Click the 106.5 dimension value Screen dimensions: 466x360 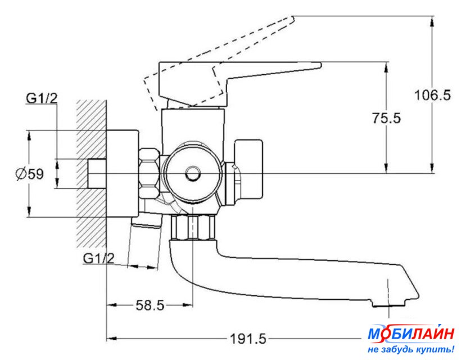click(432, 95)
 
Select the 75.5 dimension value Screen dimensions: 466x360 click(386, 118)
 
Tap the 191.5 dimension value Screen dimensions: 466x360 click(248, 339)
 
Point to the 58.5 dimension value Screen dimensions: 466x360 click(150, 305)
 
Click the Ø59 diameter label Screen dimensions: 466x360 click(30, 174)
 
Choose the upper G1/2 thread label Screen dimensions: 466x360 click(42, 98)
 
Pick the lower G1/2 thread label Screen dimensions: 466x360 click(99, 258)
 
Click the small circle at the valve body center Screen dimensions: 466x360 click(193, 174)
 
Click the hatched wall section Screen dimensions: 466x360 click(91, 174)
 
